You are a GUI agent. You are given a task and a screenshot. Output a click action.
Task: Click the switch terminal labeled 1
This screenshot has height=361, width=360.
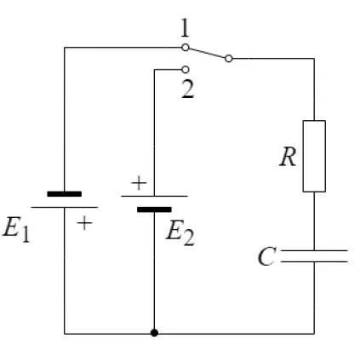coord(185,48)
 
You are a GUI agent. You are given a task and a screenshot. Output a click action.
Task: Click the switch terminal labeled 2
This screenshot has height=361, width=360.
coord(185,69)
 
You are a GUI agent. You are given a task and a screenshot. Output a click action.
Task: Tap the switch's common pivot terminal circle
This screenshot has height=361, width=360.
coord(229,59)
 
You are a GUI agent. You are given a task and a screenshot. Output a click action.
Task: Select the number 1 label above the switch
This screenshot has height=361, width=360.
coord(185,28)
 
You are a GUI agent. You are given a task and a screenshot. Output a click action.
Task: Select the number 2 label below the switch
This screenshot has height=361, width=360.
coord(187,89)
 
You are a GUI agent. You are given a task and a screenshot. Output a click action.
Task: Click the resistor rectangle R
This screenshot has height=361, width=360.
coord(314,156)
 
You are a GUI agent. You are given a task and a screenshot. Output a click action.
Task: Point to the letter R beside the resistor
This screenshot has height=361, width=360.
coord(288,157)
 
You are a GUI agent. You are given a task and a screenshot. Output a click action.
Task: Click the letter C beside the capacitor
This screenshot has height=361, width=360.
coord(266,256)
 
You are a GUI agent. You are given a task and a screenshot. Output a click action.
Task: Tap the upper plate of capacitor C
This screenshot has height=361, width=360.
coord(314,250)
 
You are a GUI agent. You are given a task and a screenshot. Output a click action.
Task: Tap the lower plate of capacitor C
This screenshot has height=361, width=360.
coord(314,261)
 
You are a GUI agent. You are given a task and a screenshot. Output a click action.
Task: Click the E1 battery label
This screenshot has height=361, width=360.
coord(16,229)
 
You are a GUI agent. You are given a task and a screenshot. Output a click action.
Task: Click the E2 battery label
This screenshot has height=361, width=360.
coord(180,233)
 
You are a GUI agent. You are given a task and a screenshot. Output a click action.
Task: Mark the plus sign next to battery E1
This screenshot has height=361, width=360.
coord(84,223)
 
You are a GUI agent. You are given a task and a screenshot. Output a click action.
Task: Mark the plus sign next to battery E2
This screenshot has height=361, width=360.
coord(139,183)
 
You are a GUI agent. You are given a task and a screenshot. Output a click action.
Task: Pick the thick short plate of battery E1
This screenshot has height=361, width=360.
coord(65,194)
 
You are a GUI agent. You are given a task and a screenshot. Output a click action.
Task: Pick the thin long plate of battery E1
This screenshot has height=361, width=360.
coord(65,207)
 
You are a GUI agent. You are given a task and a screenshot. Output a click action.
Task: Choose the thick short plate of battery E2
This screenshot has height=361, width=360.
coord(154,209)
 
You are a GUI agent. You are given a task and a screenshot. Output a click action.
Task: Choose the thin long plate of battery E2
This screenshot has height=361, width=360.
coord(154,196)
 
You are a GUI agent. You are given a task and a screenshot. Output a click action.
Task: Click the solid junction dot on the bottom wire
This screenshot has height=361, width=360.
coord(154,333)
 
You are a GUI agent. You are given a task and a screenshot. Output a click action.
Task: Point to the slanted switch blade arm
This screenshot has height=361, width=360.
coord(207,53)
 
